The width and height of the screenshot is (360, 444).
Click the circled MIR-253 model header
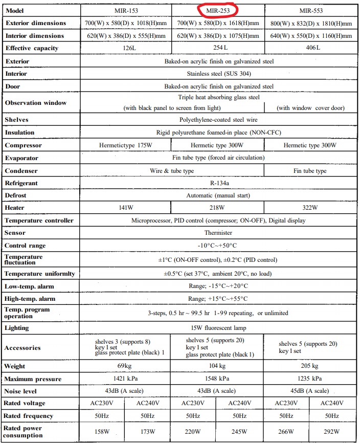click(218, 10)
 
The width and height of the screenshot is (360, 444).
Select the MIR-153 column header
click(125, 10)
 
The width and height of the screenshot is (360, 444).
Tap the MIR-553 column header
click(311, 10)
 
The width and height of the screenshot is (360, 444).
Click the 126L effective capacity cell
click(125, 48)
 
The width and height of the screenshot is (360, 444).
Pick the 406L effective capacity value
click(311, 48)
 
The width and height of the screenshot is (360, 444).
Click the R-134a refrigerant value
click(218, 183)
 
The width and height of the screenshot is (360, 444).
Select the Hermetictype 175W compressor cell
click(125, 145)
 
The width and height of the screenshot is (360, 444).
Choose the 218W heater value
click(218, 208)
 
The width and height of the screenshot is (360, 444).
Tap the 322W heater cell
click(311, 208)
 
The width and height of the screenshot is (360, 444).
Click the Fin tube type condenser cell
click(311, 171)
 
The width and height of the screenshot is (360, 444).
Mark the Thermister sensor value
click(218, 233)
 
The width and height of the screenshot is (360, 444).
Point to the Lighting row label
click(17, 328)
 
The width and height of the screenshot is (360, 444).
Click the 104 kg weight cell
click(218, 366)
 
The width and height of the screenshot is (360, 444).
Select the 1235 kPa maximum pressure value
click(311, 379)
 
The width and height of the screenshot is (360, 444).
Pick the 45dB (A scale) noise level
click(311, 391)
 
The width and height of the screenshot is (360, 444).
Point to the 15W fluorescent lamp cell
click(218, 328)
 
